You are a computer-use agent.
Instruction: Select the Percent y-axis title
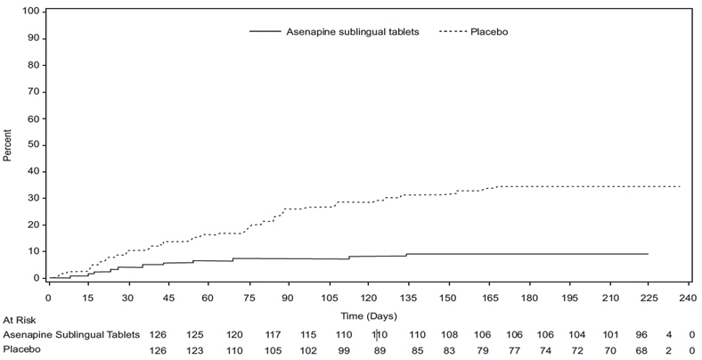point(8,143)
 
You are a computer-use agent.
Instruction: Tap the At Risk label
point(19,319)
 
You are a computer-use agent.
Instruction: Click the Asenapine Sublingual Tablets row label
point(71,334)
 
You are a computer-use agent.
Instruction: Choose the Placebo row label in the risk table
point(21,351)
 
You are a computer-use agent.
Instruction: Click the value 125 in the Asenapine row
point(194,334)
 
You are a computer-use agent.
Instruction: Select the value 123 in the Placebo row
point(194,351)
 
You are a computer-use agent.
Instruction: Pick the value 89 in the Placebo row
point(380,351)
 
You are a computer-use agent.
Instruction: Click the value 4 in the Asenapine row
point(668,334)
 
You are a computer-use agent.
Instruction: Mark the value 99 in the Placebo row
point(342,351)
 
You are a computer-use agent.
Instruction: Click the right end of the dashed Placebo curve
point(681,186)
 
